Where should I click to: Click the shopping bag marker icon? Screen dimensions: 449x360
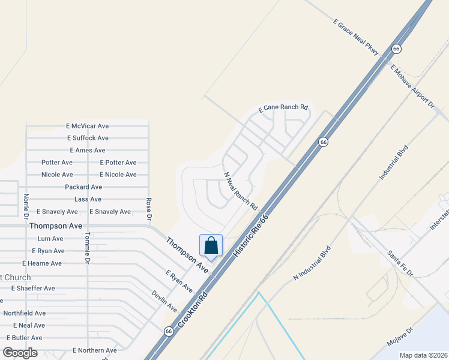click(x=211, y=246)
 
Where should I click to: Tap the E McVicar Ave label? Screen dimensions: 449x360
click(x=88, y=126)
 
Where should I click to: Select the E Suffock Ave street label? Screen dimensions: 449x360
click(x=88, y=138)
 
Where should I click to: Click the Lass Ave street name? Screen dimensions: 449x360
click(x=88, y=199)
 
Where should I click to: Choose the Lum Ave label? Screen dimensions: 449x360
click(x=50, y=239)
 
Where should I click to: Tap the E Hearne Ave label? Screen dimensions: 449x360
click(x=42, y=263)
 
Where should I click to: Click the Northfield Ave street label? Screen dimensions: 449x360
click(x=25, y=313)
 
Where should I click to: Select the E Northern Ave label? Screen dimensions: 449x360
click(x=94, y=350)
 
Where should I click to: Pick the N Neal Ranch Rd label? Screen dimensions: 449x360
click(x=241, y=191)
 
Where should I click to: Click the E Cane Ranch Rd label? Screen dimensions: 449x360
click(x=283, y=109)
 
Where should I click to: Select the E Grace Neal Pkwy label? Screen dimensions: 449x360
click(x=357, y=38)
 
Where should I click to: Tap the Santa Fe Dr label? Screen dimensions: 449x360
click(x=400, y=263)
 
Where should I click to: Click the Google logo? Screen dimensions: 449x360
click(x=20, y=353)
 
